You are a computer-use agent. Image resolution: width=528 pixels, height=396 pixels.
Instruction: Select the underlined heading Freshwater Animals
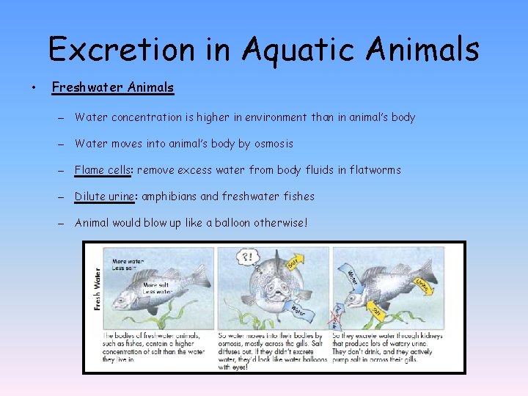pyautogui.click(x=113, y=88)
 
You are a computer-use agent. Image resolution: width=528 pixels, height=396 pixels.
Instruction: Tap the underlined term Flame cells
pyautogui.click(x=103, y=170)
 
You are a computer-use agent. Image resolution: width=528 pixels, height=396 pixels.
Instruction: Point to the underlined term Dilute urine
pyautogui.click(x=105, y=197)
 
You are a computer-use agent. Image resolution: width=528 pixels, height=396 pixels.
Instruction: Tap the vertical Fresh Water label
pyautogui.click(x=97, y=288)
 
